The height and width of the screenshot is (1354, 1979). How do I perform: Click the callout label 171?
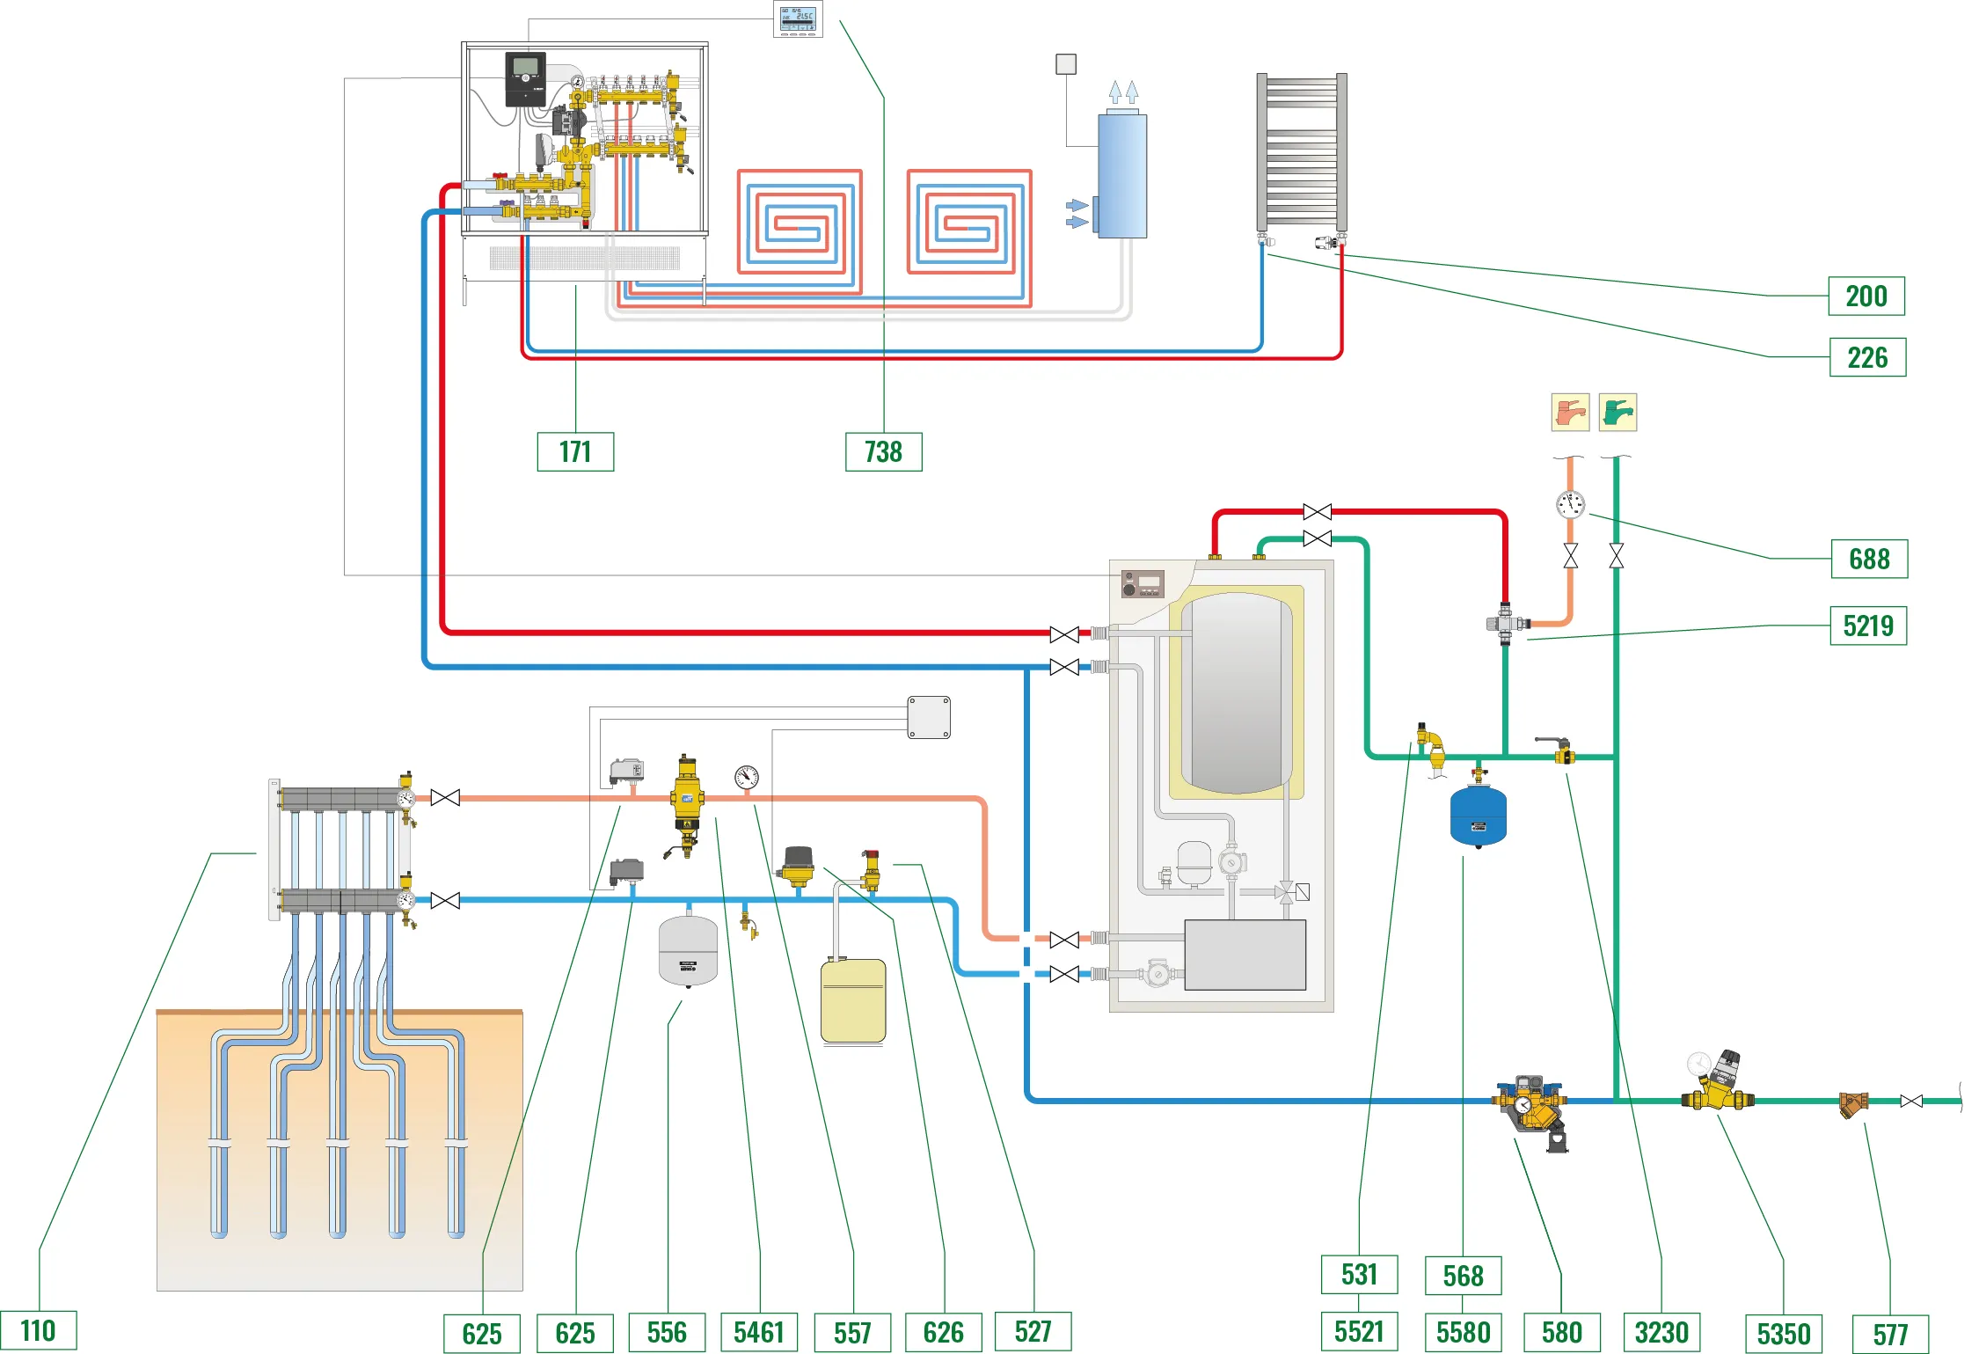[575, 451]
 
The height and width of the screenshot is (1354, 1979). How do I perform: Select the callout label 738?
[883, 451]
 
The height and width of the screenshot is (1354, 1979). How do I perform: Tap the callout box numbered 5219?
[1867, 626]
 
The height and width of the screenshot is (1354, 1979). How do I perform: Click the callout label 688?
[1868, 559]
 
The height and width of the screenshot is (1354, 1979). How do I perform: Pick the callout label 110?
[38, 1330]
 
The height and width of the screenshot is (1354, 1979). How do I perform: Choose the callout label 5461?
[758, 1332]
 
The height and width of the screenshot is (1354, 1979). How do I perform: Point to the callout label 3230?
[1661, 1332]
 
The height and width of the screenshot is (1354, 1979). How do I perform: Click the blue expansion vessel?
[1478, 816]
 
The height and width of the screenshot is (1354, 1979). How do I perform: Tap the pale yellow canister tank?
[852, 1000]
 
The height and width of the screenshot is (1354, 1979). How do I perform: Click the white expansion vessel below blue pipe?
[688, 951]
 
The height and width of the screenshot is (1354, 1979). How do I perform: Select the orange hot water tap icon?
[1570, 412]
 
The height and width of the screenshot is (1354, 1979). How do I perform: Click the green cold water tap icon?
[1618, 412]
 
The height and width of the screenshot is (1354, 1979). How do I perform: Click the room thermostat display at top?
[798, 19]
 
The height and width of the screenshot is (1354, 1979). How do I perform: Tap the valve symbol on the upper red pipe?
[1317, 512]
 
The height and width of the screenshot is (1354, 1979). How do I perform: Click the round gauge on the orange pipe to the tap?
[1570, 504]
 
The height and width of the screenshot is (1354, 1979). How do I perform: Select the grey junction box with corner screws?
[929, 717]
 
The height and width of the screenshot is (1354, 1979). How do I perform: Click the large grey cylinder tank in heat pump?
[1237, 693]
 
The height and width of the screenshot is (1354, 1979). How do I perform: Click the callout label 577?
[1889, 1334]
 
